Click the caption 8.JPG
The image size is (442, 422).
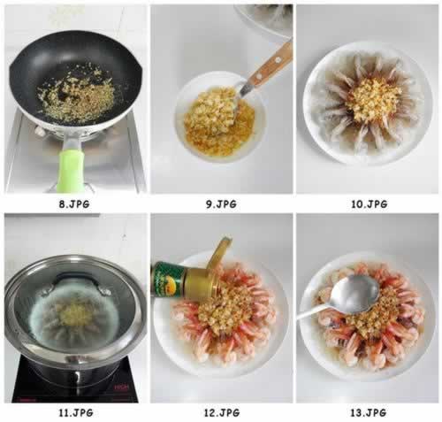pyautogui.click(x=74, y=203)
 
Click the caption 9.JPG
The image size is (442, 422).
pyautogui.click(x=221, y=203)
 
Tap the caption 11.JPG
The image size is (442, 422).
pyautogui.click(x=74, y=412)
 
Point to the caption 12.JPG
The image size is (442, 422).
pyautogui.click(x=221, y=412)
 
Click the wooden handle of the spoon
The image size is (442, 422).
pyautogui.click(x=273, y=62)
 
